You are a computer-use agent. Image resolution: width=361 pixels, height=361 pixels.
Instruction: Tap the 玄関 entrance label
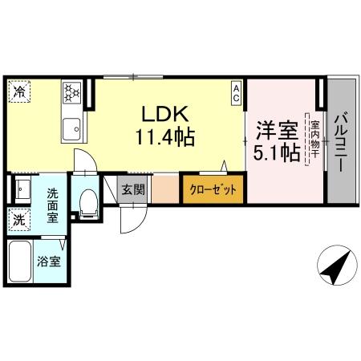click(133, 190)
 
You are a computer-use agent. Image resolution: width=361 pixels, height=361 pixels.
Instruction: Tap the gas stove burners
click(71, 95)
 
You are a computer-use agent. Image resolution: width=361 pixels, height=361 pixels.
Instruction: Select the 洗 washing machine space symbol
click(18, 217)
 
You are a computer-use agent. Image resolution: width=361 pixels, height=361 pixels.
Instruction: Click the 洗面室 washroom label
click(54, 204)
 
